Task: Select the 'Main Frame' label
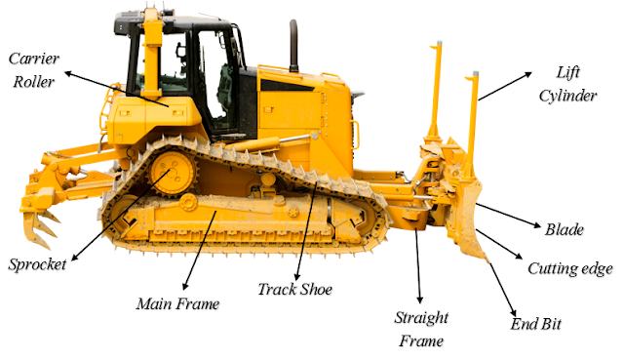[177, 303]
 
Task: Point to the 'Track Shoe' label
[295, 290]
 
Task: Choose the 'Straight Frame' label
[420, 329]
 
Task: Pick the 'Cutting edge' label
[569, 268]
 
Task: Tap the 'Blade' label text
[565, 230]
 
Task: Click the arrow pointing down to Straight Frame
[417, 263]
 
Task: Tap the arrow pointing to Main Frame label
[195, 244]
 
